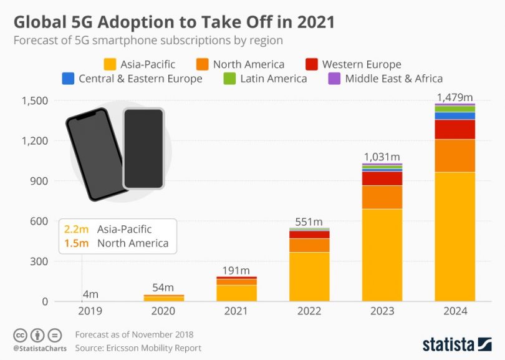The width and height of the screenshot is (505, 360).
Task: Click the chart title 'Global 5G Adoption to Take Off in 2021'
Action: [x=174, y=22]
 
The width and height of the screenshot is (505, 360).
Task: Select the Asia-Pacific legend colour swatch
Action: [x=110, y=64]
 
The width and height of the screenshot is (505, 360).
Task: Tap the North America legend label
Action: [x=248, y=64]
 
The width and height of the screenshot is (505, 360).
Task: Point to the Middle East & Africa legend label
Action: [x=393, y=78]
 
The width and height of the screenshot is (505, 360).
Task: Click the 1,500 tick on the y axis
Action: [x=34, y=100]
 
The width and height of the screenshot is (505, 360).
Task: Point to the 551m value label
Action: [x=309, y=221]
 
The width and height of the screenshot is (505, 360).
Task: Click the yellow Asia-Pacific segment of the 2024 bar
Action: [x=455, y=237]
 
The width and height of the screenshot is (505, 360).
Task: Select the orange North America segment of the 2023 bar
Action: [x=382, y=197]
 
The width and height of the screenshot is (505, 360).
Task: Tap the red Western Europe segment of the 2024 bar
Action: [x=455, y=129]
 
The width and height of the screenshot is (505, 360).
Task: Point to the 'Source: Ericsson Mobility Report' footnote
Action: [x=138, y=348]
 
